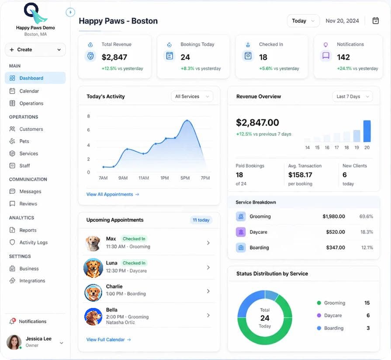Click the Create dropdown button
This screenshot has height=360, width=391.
[35, 49]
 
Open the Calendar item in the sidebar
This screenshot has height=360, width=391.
[29, 91]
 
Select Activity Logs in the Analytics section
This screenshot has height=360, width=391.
[33, 242]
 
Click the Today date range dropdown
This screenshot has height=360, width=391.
[303, 21]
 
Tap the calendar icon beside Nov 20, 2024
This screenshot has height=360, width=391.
[375, 21]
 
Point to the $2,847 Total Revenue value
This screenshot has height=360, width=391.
[114, 57]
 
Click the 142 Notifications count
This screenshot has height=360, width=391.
[343, 57]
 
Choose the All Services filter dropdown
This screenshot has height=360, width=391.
[192, 96]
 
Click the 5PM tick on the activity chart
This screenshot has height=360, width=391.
[185, 178]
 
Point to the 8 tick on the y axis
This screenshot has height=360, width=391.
[89, 116]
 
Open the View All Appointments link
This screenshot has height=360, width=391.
[113, 194]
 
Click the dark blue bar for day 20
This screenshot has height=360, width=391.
[367, 131]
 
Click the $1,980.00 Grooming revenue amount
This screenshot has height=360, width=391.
[334, 217]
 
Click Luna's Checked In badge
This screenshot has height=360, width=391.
[134, 263]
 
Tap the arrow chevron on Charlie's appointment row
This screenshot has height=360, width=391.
[208, 291]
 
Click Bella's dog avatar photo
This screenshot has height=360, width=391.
[93, 317]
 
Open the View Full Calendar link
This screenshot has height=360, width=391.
[108, 339]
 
